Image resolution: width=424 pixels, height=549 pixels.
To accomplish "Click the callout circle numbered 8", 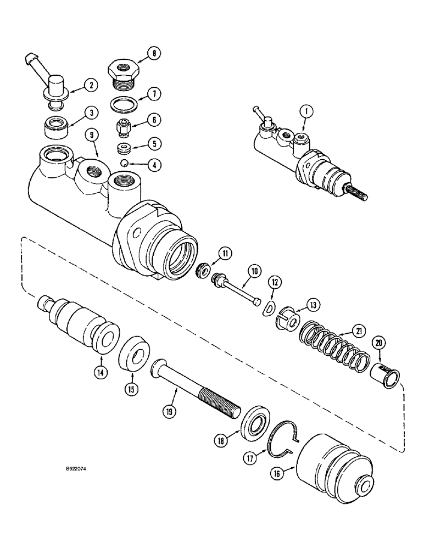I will tap(154, 53).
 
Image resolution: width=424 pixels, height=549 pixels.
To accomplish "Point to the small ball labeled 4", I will tap(125, 163).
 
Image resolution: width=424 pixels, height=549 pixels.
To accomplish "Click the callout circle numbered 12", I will tap(274, 282).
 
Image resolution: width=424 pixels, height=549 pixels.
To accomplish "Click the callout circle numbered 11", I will tap(225, 253).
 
